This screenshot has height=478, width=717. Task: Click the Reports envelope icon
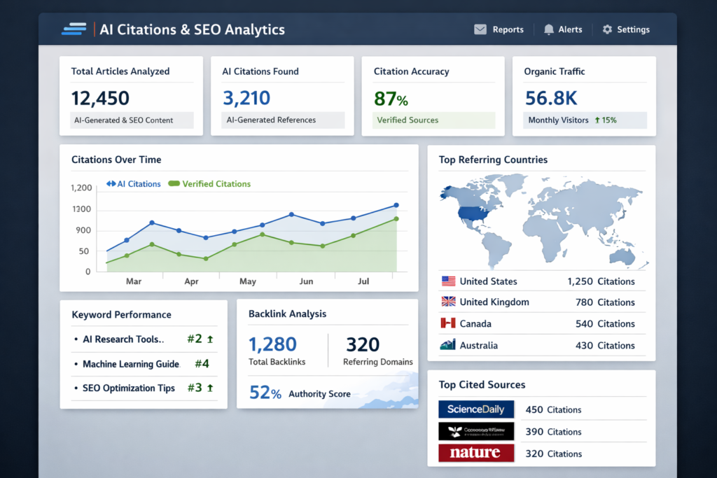point(480,29)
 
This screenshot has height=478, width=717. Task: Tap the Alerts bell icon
point(548,29)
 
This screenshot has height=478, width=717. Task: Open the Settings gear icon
point(607,29)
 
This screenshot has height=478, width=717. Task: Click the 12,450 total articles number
point(100,97)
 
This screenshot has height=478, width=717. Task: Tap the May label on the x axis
point(248,281)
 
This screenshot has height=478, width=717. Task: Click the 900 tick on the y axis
point(84,230)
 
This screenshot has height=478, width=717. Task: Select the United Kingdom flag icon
point(448,302)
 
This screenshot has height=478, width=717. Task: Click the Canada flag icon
point(448,323)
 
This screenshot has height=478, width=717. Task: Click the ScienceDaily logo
point(476,409)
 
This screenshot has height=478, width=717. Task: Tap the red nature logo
point(476,453)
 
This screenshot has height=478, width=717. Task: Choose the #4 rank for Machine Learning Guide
point(202,363)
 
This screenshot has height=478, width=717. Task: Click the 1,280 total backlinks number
point(272,344)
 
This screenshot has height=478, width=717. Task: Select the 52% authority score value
point(265,393)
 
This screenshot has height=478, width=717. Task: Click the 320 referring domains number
point(363,344)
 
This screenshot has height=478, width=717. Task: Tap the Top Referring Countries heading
point(493,160)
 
